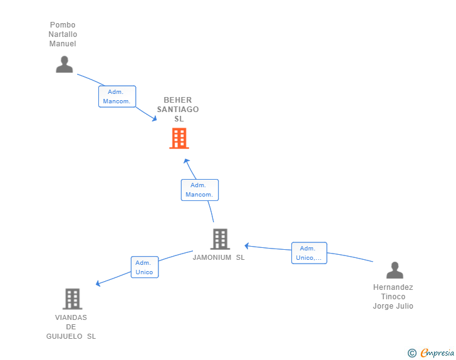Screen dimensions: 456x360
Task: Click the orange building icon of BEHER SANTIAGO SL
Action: point(179,138)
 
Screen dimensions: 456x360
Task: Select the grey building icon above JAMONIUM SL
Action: point(220,239)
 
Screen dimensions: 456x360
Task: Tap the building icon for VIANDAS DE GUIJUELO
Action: point(73,299)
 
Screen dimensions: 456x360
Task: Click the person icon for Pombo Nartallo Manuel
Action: point(65,64)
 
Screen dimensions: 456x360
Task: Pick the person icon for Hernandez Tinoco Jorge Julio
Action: point(395,270)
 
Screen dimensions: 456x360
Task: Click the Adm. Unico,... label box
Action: point(309,253)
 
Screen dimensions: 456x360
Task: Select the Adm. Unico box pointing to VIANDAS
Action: point(145,267)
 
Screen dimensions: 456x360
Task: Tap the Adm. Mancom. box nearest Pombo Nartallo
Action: point(117,96)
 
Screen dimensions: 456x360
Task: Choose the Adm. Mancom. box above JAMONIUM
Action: point(200,190)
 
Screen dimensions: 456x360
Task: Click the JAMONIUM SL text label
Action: point(219,257)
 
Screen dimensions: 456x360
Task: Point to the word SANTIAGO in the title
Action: point(178,110)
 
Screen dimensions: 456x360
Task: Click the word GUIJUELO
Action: point(65,336)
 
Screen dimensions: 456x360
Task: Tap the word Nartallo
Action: point(63,34)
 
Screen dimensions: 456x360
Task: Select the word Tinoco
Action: point(393,297)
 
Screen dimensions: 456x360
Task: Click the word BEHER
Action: point(178,100)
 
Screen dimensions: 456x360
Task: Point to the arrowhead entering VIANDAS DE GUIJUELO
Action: point(98,283)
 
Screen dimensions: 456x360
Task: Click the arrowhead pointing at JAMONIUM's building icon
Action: point(247,246)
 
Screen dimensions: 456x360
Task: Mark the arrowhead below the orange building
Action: point(187,161)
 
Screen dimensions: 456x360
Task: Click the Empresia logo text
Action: point(437,353)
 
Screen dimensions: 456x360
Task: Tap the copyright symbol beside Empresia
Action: point(412,353)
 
